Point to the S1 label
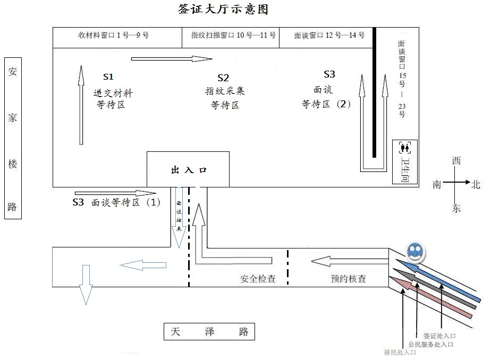108,76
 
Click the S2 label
223,78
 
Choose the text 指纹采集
225,91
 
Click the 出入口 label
188,170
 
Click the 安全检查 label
258,278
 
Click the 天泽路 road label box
209,332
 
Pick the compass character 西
456,161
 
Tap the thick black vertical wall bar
374,93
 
